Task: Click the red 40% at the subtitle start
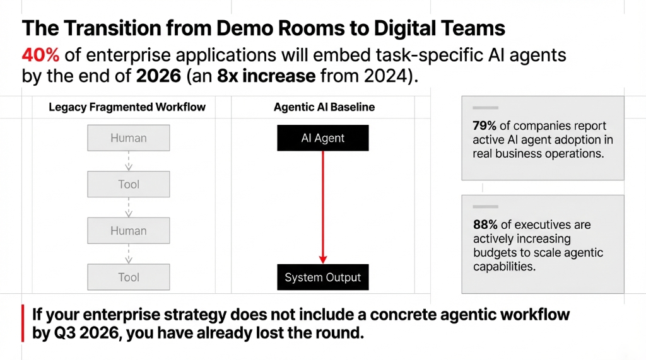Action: pyautogui.click(x=40, y=55)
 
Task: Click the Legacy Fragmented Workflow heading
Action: pyautogui.click(x=127, y=107)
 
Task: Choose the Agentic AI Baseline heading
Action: pyautogui.click(x=324, y=107)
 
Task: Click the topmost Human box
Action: pyautogui.click(x=129, y=138)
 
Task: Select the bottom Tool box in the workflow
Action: pyautogui.click(x=129, y=277)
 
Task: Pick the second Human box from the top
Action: pyautogui.click(x=129, y=231)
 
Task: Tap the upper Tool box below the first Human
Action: pyautogui.click(x=129, y=185)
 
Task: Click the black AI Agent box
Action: pyautogui.click(x=323, y=138)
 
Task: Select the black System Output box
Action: pyautogui.click(x=323, y=277)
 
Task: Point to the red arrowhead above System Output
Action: pyautogui.click(x=323, y=258)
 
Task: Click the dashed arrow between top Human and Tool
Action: pyautogui.click(x=129, y=161)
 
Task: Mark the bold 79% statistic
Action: pyautogui.click(x=485, y=125)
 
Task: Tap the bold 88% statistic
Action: pyautogui.click(x=485, y=225)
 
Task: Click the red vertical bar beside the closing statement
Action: pyautogui.click(x=23, y=323)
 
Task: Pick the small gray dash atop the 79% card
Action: pyautogui.click(x=481, y=108)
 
